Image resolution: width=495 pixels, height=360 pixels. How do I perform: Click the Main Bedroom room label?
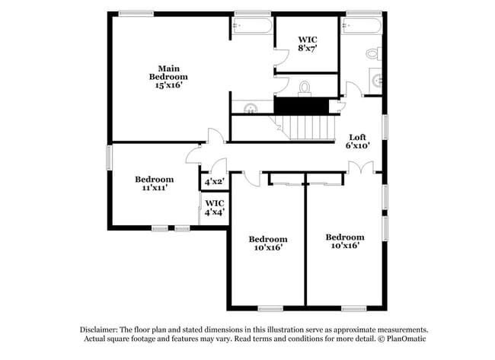point(168,72)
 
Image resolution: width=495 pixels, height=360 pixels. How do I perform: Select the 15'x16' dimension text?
point(168,85)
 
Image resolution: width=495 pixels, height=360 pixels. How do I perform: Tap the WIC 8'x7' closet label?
point(307,43)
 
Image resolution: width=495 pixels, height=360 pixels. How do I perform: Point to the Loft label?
point(358,137)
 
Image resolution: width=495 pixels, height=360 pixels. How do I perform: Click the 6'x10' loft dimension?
point(358,145)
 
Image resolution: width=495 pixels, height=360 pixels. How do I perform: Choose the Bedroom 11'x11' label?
point(155,183)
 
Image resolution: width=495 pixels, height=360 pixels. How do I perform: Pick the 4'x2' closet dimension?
point(213,182)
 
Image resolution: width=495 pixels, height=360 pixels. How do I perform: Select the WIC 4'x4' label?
point(215,208)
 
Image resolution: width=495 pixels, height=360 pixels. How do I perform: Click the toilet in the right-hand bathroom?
point(372,54)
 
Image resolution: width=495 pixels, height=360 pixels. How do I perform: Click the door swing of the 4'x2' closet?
point(219,165)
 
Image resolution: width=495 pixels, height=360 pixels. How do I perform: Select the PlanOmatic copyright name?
point(405,338)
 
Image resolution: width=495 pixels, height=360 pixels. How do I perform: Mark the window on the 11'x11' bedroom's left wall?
point(108,158)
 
